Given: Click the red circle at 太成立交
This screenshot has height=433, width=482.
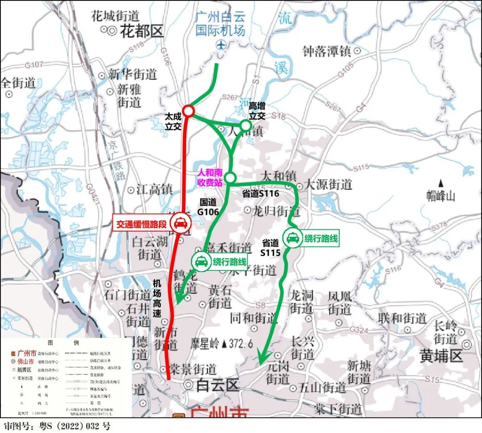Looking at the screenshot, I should pyautogui.click(x=188, y=110).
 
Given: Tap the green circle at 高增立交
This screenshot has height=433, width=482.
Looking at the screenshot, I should pyautogui.click(x=246, y=125).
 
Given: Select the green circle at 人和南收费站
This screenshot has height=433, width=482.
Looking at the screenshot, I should pyautogui.click(x=230, y=178).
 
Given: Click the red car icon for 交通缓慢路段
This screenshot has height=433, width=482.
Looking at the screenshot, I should pyautogui.click(x=180, y=223).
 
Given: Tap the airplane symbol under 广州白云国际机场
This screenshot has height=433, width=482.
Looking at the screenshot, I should pyautogui.click(x=220, y=45).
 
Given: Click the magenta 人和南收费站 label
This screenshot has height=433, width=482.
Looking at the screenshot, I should pyautogui.click(x=210, y=178).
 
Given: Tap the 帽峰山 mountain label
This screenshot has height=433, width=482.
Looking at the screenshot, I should pyautogui.click(x=440, y=195).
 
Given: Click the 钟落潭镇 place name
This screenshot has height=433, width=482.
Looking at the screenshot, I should pyautogui.click(x=327, y=51).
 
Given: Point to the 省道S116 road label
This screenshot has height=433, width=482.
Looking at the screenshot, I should pyautogui.click(x=261, y=193).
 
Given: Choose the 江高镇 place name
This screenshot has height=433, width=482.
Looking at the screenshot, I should pyautogui.click(x=154, y=189).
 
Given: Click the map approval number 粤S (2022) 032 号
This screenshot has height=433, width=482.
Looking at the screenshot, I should pyautogui.click(x=57, y=426).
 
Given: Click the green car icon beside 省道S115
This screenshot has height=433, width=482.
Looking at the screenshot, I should pyautogui.click(x=293, y=238).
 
